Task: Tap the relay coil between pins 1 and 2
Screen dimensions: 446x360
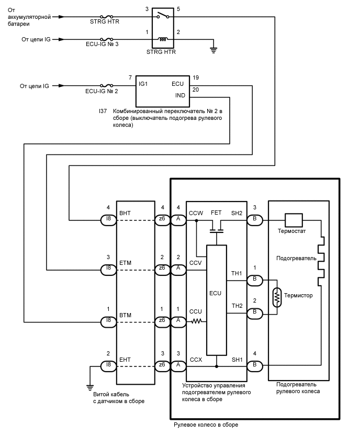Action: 163,39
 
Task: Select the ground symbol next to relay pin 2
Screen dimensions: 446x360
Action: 214,50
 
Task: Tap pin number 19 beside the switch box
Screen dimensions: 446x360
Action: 196,77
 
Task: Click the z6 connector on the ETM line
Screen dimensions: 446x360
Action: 163,269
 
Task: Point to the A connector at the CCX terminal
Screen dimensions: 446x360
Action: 178,364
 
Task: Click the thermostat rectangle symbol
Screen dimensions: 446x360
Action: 293,219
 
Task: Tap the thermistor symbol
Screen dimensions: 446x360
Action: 277,297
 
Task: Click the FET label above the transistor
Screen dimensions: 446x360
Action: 216,214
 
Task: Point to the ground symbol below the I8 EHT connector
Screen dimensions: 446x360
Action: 90,387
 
